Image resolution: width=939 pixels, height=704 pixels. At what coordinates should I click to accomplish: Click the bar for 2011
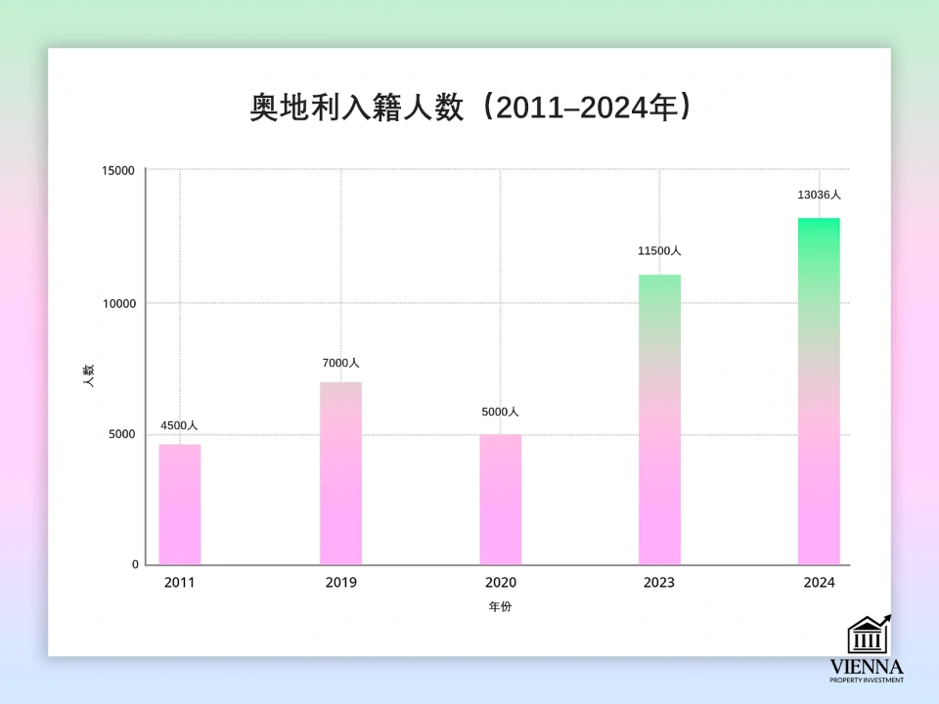pos(180,505)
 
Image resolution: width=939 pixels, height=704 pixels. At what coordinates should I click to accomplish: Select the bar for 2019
pos(340,473)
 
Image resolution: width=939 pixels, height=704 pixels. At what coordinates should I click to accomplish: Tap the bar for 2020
pos(500,500)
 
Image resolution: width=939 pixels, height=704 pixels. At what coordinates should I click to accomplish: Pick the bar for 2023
pos(659,419)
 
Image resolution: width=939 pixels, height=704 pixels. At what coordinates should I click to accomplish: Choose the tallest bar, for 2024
pos(819,391)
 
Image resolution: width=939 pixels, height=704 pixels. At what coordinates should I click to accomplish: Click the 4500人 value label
pos(179,426)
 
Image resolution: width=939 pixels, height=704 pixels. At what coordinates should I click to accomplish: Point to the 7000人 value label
pos(340,364)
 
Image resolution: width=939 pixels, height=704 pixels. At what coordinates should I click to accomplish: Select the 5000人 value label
pos(500,413)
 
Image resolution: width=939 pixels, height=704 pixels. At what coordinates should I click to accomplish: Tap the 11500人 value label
pos(659,251)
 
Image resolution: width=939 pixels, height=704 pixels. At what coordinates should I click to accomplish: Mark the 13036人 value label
pos(819,195)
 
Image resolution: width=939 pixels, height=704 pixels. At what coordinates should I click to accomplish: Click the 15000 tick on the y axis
pos(118,170)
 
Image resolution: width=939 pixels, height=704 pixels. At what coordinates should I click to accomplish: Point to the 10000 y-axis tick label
pos(118,303)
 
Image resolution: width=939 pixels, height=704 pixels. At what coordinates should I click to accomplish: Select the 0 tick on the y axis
pos(135,565)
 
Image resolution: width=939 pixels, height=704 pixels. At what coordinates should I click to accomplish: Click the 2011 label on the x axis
pos(180,583)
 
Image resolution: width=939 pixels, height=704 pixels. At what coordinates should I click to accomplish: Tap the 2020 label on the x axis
pos(500,583)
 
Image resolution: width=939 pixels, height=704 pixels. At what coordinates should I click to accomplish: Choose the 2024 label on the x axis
pos(819,583)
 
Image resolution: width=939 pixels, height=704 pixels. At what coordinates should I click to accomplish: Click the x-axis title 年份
pos(500,607)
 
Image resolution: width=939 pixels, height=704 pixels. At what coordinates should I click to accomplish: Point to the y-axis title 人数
pos(88,376)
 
